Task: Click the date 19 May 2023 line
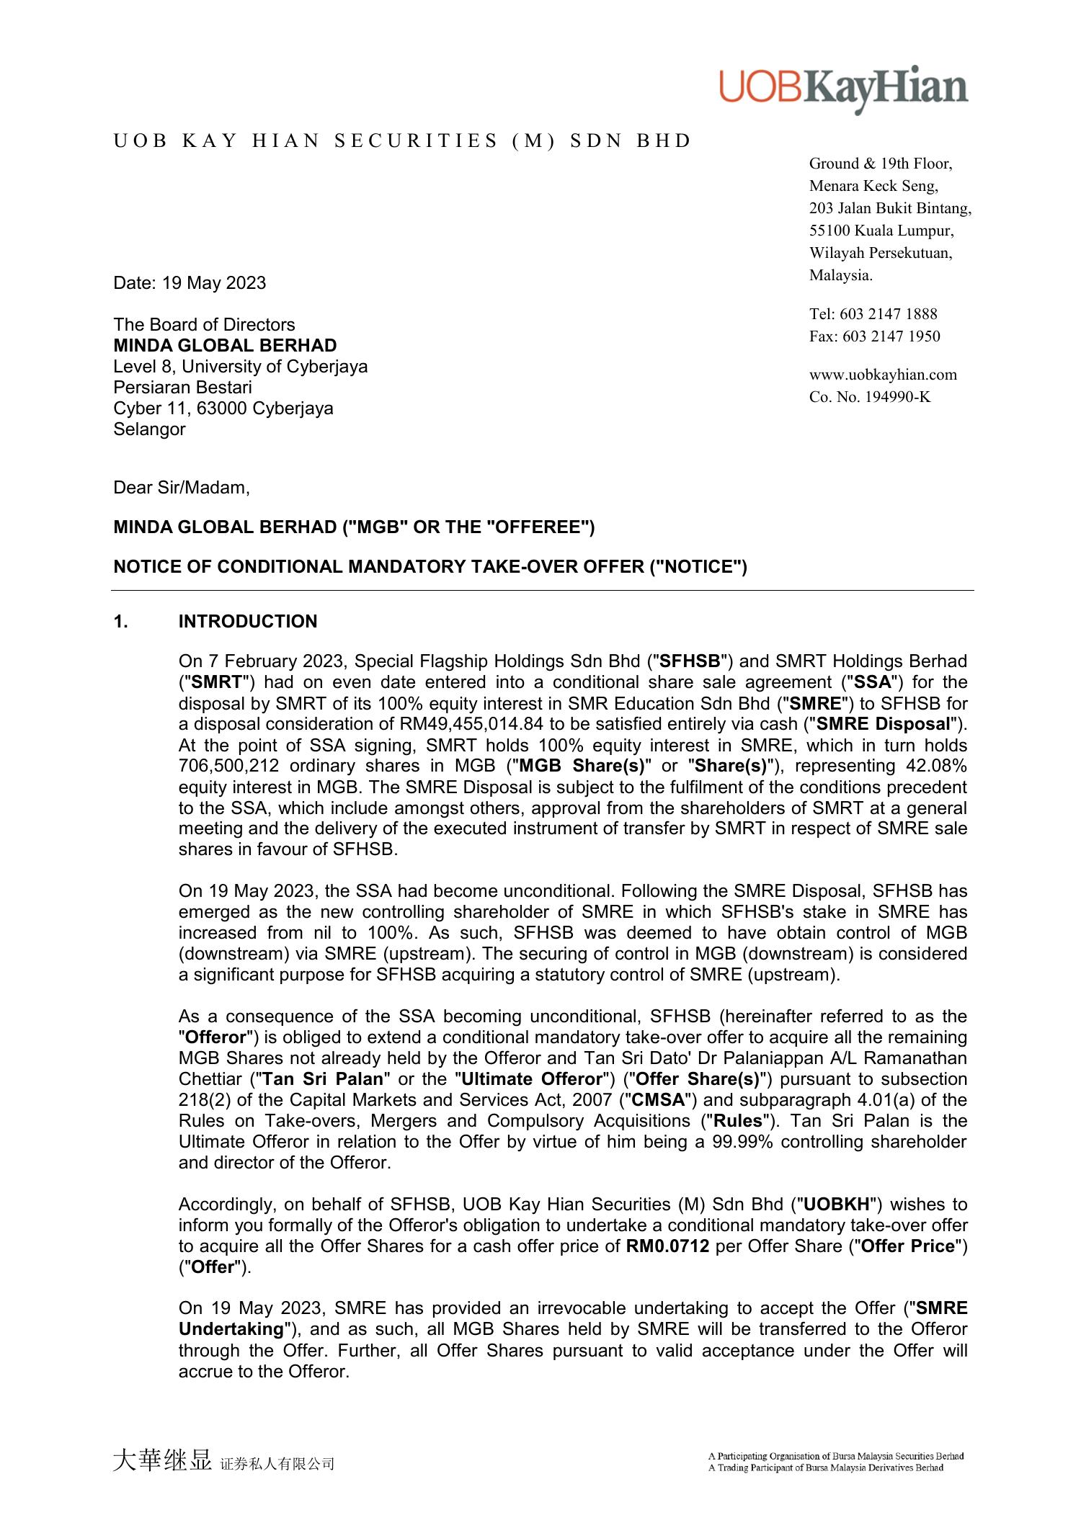coord(190,282)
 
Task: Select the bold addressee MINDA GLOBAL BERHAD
coord(225,345)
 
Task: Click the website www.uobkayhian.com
coord(883,374)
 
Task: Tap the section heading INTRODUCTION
coord(248,622)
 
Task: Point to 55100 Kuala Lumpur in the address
coord(881,231)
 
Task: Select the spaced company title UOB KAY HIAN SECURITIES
coord(402,140)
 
